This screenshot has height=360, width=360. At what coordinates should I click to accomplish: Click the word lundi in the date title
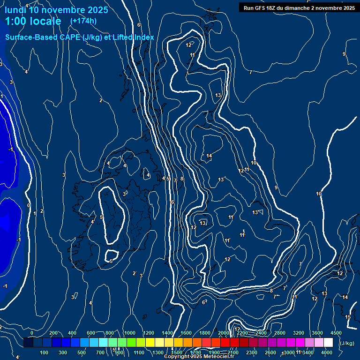(16, 10)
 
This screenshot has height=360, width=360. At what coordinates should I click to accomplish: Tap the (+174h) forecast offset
(83, 21)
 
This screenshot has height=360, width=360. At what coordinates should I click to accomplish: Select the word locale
(45, 21)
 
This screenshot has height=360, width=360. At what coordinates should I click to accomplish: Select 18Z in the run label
(274, 7)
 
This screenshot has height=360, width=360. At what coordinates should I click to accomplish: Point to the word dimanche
(299, 7)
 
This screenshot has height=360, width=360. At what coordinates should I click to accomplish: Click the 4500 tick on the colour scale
(336, 333)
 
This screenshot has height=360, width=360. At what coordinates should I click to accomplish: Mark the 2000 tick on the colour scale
(224, 333)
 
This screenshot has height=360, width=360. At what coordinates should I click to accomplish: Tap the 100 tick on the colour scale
(44, 352)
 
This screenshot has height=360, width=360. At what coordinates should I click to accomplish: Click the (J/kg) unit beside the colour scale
(346, 343)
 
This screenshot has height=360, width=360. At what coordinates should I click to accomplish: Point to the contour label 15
(348, 317)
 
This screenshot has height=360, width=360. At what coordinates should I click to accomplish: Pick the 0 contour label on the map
(29, 205)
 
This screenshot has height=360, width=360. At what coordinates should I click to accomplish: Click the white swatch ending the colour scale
(328, 343)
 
